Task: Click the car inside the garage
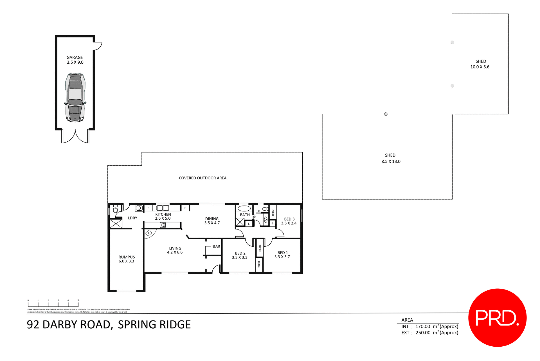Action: click(75, 97)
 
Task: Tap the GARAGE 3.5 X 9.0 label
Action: click(75, 60)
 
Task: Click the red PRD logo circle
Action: click(497, 317)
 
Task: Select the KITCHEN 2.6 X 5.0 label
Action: click(163, 216)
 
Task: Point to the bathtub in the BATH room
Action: click(244, 208)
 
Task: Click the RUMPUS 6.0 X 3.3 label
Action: click(127, 259)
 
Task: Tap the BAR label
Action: click(216, 246)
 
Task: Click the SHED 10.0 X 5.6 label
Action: click(480, 64)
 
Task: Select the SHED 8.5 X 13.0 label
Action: click(391, 158)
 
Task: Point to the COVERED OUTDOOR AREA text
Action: click(202, 178)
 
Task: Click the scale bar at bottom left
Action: click(53, 304)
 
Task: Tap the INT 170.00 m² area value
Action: click(423, 326)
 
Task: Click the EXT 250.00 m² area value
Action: click(423, 333)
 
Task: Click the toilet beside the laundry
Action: click(115, 210)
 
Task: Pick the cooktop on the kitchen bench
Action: click(163, 225)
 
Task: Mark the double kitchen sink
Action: click(163, 208)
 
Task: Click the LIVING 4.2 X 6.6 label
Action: click(175, 250)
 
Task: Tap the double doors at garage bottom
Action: click(75, 137)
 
